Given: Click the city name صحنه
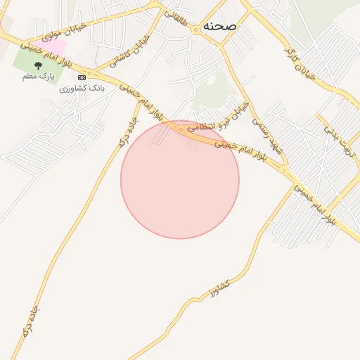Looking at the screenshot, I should click(x=219, y=25).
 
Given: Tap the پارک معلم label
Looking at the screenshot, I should click(x=39, y=76).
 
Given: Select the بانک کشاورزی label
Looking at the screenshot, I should click(x=82, y=89).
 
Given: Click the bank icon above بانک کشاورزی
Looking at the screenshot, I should click(x=82, y=77).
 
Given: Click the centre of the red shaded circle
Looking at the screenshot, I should click(x=180, y=179).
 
